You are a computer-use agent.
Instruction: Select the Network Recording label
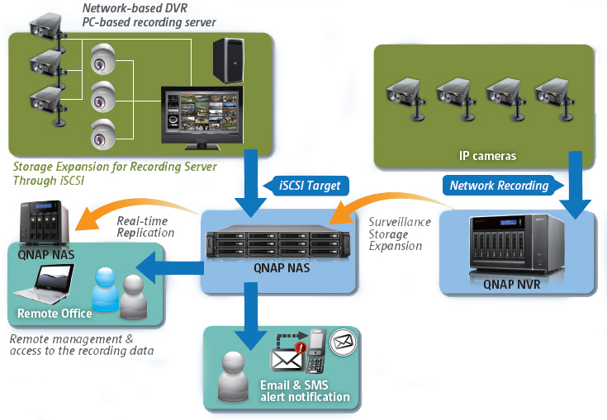pyautogui.click(x=500, y=186)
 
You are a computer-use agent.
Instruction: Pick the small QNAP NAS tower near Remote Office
pyautogui.click(x=43, y=224)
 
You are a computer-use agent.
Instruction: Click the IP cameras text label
pyautogui.click(x=487, y=156)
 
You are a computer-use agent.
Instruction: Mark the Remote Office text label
pyautogui.click(x=55, y=314)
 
